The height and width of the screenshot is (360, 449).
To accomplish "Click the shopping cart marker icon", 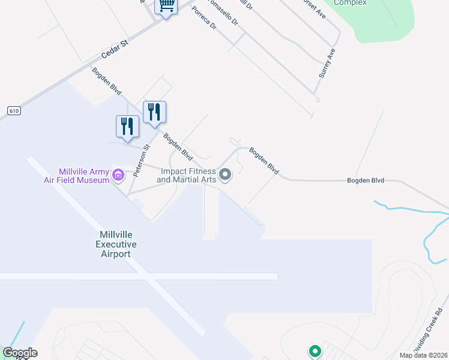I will (x=167, y=6).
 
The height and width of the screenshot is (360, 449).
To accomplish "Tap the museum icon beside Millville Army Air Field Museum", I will (x=118, y=176).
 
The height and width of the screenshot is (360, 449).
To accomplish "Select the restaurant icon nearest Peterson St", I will (x=127, y=127).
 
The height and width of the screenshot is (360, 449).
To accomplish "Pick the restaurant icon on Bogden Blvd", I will (x=154, y=112).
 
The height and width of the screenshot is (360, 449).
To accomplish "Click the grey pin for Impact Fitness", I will (x=226, y=175).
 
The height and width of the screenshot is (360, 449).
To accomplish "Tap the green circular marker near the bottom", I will (x=314, y=351).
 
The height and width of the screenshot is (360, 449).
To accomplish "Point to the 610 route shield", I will (x=14, y=110).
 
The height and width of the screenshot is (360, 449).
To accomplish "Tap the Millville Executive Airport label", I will (x=116, y=244).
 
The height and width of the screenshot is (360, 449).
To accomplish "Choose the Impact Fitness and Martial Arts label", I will (x=186, y=175).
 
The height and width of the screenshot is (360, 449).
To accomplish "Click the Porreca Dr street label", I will (x=205, y=27).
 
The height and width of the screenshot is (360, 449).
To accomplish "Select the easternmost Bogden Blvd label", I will (x=366, y=180).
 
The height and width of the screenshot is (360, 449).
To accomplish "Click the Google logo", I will (x=20, y=353).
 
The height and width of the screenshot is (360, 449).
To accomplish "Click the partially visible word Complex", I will (x=350, y=3).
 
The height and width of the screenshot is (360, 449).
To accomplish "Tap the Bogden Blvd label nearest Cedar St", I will (x=107, y=81).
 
